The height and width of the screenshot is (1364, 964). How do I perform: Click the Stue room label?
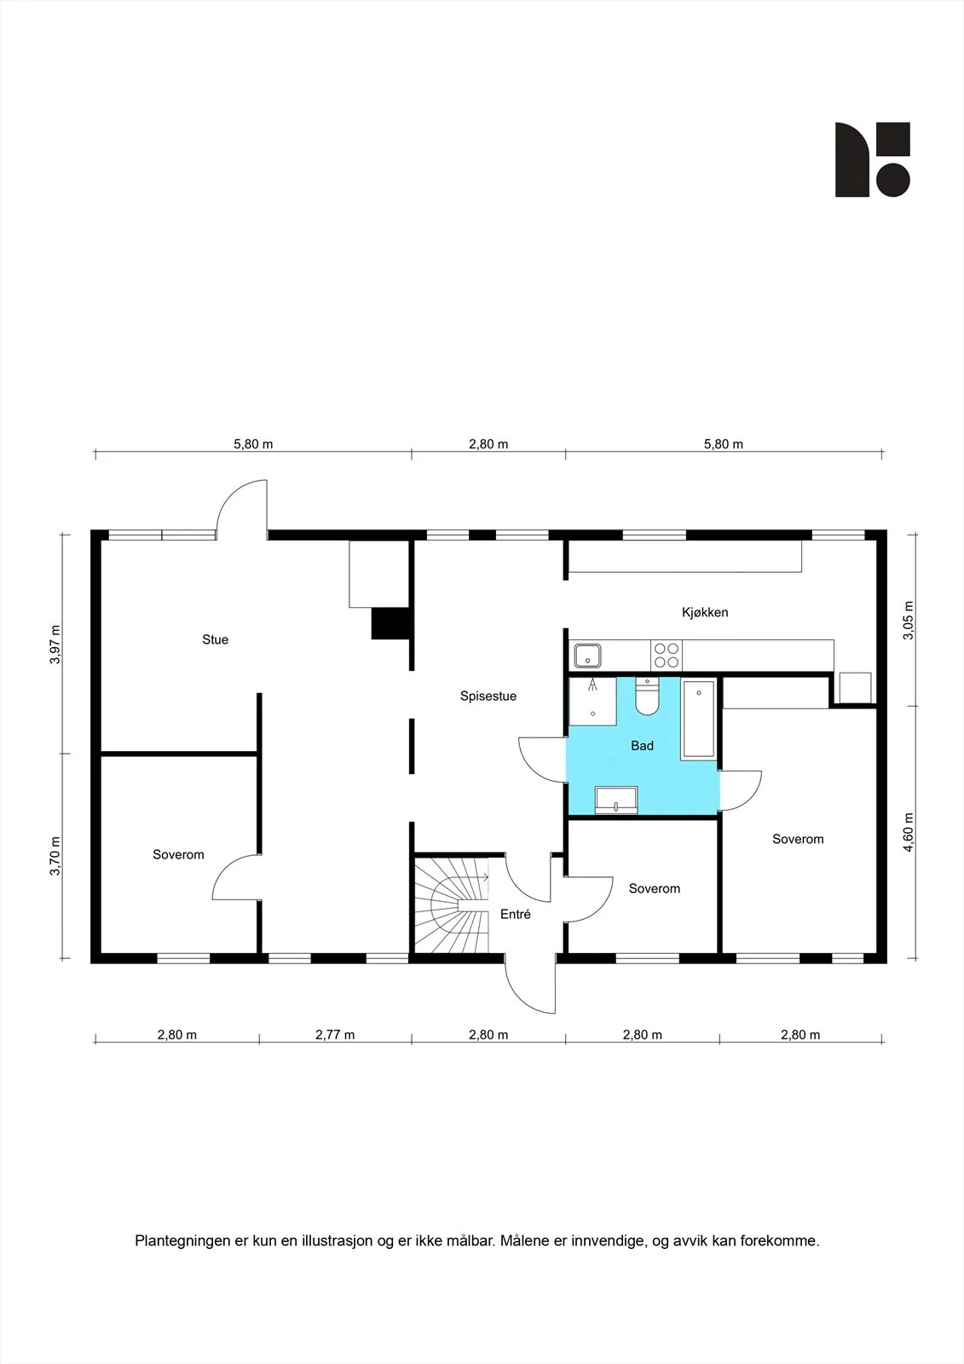215,639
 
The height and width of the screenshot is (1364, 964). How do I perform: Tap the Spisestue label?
488,696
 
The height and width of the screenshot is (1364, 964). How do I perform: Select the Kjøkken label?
705,612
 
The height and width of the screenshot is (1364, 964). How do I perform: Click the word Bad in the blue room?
642,745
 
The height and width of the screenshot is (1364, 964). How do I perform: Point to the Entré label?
515,914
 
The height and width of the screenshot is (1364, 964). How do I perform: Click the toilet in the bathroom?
647,696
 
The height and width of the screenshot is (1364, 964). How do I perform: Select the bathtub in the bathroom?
698,720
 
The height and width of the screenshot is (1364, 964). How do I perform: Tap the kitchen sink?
587,656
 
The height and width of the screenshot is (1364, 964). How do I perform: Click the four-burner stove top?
667,656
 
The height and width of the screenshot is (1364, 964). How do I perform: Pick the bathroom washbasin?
616,800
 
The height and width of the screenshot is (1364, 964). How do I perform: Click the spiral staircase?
452,905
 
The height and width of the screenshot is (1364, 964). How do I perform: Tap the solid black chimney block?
390,623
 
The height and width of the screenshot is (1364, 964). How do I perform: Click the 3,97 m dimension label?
55,644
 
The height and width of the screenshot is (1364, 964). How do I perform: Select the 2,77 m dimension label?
335,1035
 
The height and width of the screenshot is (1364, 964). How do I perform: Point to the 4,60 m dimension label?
909,832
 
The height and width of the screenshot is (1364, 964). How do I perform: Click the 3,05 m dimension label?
909,620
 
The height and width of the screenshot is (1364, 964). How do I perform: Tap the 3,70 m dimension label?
55,856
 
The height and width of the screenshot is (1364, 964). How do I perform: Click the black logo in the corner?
873,159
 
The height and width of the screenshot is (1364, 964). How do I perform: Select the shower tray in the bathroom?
592,701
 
